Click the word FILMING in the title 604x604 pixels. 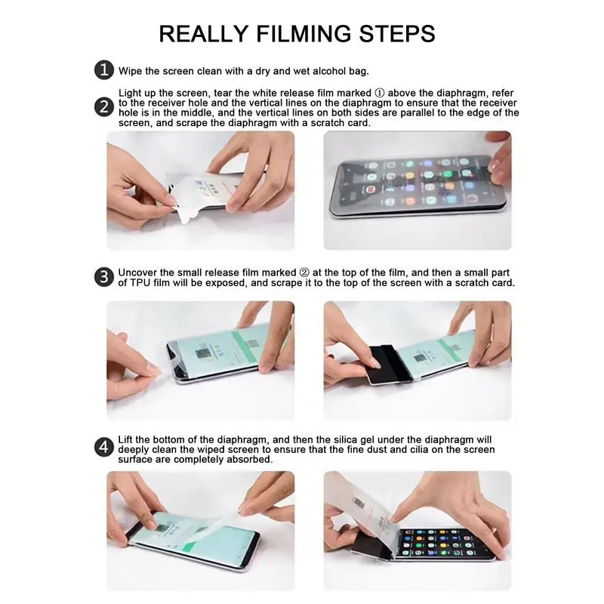coord(298,33)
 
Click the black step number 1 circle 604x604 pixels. coord(104,71)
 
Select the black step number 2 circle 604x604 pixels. coord(104,107)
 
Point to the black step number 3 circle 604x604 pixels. coord(104,277)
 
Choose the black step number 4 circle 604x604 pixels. coord(104,447)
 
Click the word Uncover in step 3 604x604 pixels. coord(139,272)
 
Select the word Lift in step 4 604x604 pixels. coord(128,439)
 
